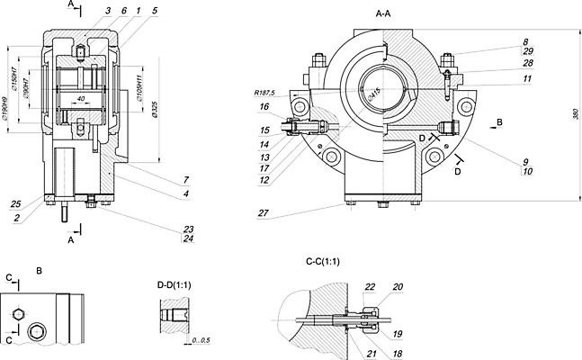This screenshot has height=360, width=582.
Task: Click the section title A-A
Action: tap(388, 15)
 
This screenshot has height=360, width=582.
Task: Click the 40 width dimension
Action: tap(81, 97)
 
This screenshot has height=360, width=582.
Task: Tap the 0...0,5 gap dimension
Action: tap(201, 339)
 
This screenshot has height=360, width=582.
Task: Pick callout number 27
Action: tap(262, 214)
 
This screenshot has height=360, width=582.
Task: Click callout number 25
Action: tap(17, 202)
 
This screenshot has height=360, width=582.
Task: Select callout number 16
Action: tap(264, 106)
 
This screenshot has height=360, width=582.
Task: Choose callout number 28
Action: tap(477, 64)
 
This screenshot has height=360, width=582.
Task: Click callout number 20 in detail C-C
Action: tap(397, 288)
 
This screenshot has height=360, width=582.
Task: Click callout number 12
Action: tap(264, 180)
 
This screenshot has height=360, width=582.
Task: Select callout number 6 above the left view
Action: tap(123, 10)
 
